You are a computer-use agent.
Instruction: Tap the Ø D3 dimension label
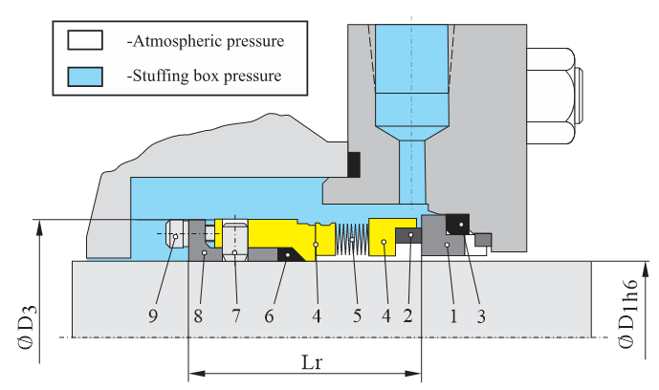[27, 325]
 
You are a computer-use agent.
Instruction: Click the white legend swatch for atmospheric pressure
[79, 42]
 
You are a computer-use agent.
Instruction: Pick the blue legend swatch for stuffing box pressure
[79, 74]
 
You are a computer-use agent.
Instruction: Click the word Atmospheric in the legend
[178, 42]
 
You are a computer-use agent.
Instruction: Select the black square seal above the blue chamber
[354, 164]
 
